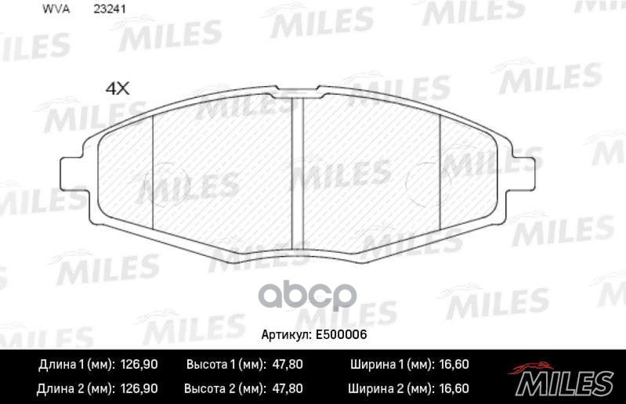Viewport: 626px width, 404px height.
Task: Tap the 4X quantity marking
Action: click(117, 88)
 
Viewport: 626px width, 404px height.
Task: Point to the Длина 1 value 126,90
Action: click(139, 365)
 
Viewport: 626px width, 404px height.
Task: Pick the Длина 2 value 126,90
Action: click(139, 388)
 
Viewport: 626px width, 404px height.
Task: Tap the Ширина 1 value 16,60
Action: click(452, 365)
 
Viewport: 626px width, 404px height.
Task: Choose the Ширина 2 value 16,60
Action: click(452, 388)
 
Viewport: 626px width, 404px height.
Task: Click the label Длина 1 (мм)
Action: click(77, 365)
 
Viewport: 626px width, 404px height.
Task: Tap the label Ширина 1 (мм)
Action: click(389, 365)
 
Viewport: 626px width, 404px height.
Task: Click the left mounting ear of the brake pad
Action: click(73, 168)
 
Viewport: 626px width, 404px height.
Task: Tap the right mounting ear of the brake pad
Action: click(525, 168)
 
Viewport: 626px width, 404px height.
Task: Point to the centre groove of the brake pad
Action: click(298, 168)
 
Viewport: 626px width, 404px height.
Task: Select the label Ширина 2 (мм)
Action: click(389, 388)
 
